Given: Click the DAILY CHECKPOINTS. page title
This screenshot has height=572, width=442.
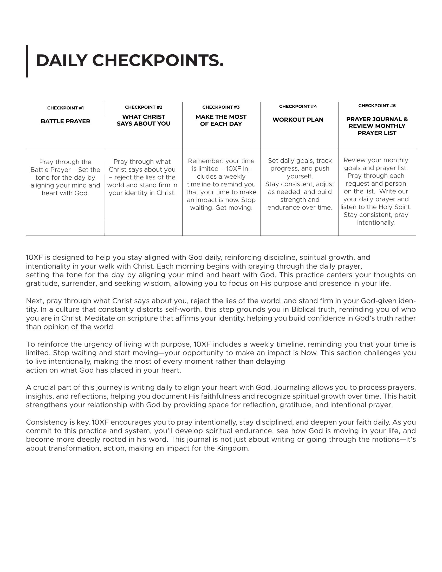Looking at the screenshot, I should point(130,61).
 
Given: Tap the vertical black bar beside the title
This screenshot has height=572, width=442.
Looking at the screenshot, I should point(27,61).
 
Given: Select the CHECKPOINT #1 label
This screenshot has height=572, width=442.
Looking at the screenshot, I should point(66,108).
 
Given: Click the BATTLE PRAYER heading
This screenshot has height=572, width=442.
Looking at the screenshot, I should point(66,121).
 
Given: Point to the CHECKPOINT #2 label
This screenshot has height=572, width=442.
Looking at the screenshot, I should point(144,107).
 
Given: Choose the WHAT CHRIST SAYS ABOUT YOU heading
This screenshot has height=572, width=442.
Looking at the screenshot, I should point(144,120).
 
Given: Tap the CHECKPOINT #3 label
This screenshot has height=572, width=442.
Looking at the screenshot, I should point(221,107).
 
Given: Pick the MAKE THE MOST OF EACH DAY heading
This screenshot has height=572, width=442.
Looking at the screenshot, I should point(221,120).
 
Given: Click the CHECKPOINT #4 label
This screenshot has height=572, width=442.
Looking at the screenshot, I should point(298,106).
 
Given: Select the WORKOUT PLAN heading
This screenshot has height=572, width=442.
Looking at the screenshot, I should point(298,120).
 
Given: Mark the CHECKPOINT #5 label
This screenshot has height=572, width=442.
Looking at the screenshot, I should point(377,106).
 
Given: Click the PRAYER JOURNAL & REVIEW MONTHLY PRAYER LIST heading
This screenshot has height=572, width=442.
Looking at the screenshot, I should point(377,126).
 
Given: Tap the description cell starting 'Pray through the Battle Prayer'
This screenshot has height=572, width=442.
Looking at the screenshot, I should point(66,177).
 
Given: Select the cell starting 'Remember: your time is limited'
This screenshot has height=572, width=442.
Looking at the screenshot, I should point(221,184).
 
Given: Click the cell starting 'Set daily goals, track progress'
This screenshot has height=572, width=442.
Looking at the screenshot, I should point(300,184).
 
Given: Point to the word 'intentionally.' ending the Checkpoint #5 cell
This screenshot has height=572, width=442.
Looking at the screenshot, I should point(376,223).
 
